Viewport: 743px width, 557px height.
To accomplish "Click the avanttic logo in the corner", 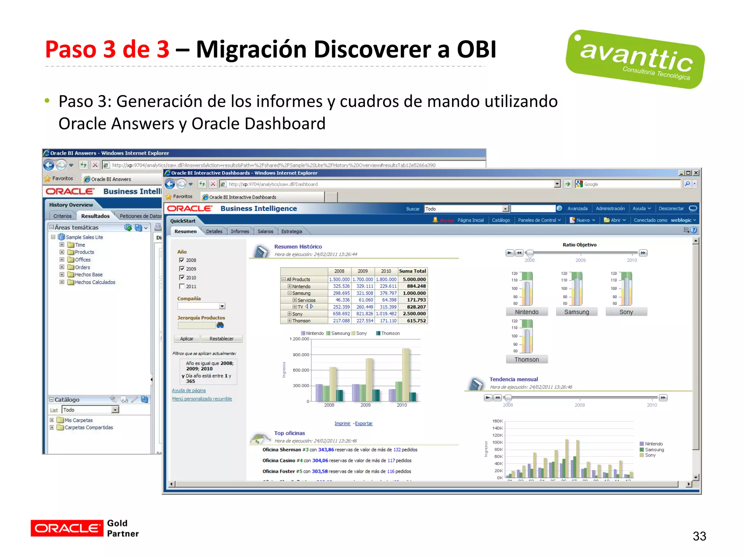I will point(635,59).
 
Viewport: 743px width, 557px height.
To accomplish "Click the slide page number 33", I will point(699,536).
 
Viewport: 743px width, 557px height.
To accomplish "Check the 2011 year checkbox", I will point(182,286).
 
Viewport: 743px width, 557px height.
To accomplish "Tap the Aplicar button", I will point(187,339).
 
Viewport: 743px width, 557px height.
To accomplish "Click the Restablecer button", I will point(221,339).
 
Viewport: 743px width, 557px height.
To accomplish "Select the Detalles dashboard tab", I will point(214,231).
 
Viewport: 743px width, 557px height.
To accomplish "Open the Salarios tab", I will point(265,231).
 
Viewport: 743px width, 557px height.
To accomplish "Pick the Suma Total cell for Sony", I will point(414,314).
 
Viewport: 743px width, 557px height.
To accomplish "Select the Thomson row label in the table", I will point(301,321).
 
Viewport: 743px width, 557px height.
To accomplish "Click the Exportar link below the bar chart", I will point(364,424).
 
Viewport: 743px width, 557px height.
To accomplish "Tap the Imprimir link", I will point(342,424).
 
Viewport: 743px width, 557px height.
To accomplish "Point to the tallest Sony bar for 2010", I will point(406,374).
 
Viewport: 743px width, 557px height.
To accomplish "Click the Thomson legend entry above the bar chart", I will point(390,333).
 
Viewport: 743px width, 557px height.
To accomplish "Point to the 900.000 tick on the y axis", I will point(301,355).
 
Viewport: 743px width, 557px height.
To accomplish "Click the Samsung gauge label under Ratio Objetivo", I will point(576,312).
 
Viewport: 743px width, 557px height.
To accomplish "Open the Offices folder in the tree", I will point(83,260).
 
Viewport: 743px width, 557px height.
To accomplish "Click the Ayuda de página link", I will point(189,391).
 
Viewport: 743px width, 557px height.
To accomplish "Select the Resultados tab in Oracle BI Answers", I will point(95,216).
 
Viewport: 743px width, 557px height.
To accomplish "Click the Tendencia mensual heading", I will point(513,379).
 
